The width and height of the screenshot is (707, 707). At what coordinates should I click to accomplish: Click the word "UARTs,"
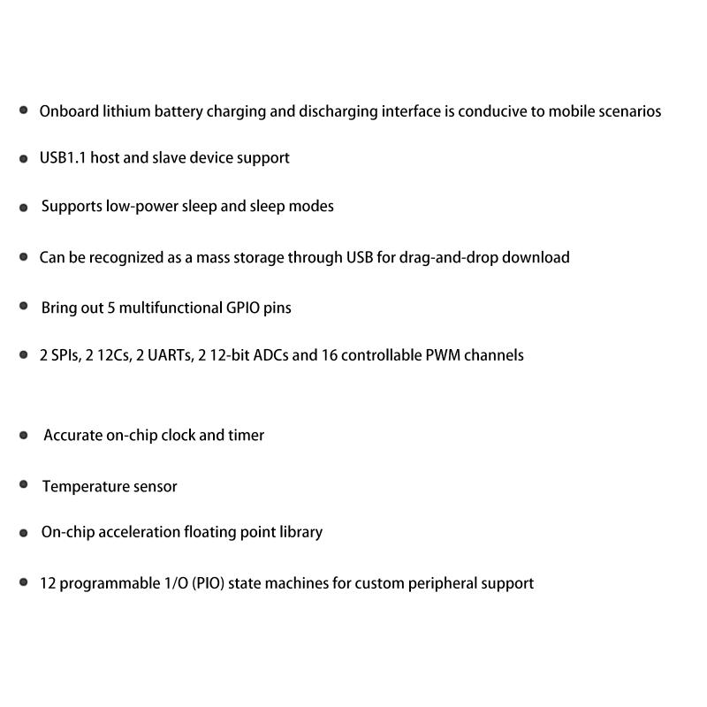[164, 355]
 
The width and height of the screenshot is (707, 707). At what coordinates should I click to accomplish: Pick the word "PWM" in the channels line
[451, 355]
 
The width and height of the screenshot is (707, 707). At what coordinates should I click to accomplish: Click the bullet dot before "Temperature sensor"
[24, 484]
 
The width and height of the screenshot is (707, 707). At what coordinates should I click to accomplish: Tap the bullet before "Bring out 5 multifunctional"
[24, 306]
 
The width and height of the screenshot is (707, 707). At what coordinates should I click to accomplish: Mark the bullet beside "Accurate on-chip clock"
[24, 434]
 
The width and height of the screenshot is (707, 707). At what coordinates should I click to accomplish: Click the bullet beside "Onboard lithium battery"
[24, 110]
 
